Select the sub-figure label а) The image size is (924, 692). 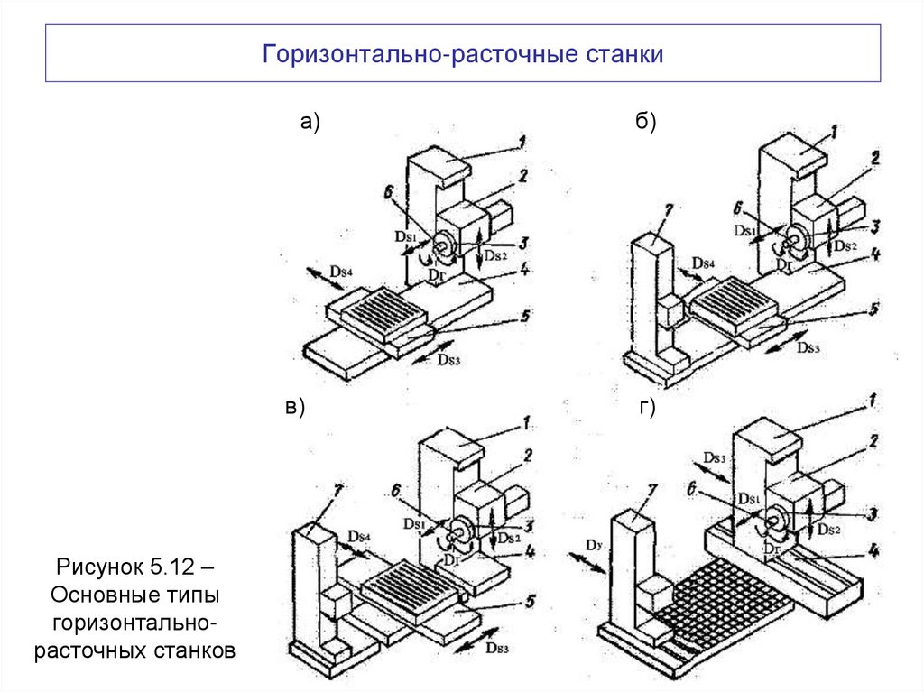(310, 124)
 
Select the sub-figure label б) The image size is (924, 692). (645, 124)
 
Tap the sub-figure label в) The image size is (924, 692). (296, 408)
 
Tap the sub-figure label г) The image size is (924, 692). (647, 408)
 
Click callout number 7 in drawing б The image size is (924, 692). (668, 210)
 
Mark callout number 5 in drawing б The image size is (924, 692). (873, 309)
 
